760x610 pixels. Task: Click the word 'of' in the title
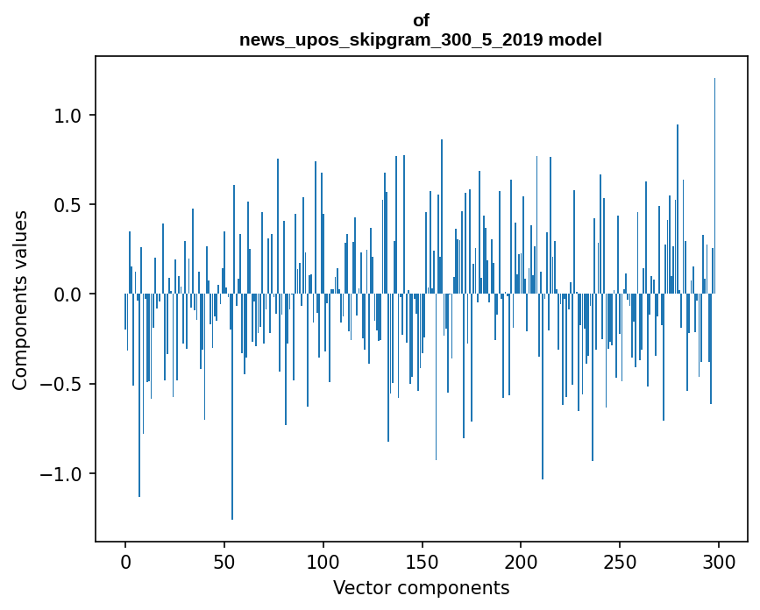coord(421,21)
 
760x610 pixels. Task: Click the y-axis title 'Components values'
coord(20,300)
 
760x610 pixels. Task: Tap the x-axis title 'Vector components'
coord(421,587)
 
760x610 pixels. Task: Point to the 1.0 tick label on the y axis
coord(67,116)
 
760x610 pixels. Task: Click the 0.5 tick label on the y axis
coord(67,205)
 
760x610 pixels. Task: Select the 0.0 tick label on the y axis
coord(67,294)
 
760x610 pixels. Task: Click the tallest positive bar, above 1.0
coord(714,175)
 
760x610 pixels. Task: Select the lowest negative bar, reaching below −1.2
coord(232,438)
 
